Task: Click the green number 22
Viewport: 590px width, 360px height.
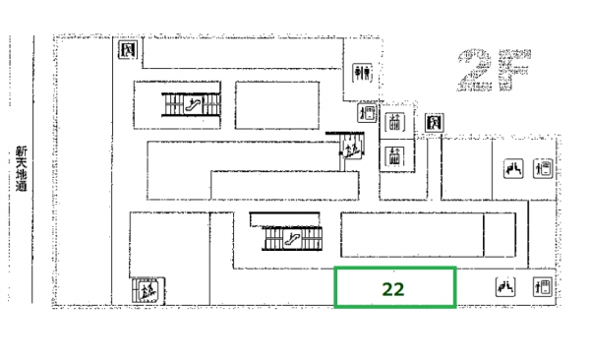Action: click(393, 289)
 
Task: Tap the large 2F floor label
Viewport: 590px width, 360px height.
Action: click(494, 70)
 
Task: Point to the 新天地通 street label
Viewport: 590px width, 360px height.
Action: click(22, 169)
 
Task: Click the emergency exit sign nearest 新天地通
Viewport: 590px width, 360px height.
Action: click(128, 50)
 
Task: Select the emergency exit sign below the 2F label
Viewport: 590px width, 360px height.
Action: click(435, 123)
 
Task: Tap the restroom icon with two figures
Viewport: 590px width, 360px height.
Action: click(362, 73)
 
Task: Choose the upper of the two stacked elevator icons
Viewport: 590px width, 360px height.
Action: click(394, 122)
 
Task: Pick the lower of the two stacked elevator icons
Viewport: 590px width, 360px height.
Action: click(394, 156)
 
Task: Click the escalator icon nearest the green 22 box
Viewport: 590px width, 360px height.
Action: click(292, 239)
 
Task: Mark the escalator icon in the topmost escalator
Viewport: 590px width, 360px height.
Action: click(193, 104)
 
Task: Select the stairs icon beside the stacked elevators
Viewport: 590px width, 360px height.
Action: click(351, 148)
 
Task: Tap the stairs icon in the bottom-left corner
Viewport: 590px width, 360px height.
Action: click(148, 290)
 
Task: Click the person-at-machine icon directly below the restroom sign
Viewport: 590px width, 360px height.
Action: click(367, 112)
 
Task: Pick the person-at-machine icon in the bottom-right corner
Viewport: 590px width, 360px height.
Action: click(543, 287)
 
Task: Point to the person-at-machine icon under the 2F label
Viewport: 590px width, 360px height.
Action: click(543, 168)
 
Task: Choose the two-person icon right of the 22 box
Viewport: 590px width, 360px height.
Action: click(505, 287)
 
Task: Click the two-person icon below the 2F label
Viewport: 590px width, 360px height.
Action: click(513, 168)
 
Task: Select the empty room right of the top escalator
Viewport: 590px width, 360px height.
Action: click(277, 105)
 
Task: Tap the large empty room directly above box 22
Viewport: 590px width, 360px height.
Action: click(412, 235)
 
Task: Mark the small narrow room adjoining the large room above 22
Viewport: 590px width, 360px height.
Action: click(500, 235)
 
